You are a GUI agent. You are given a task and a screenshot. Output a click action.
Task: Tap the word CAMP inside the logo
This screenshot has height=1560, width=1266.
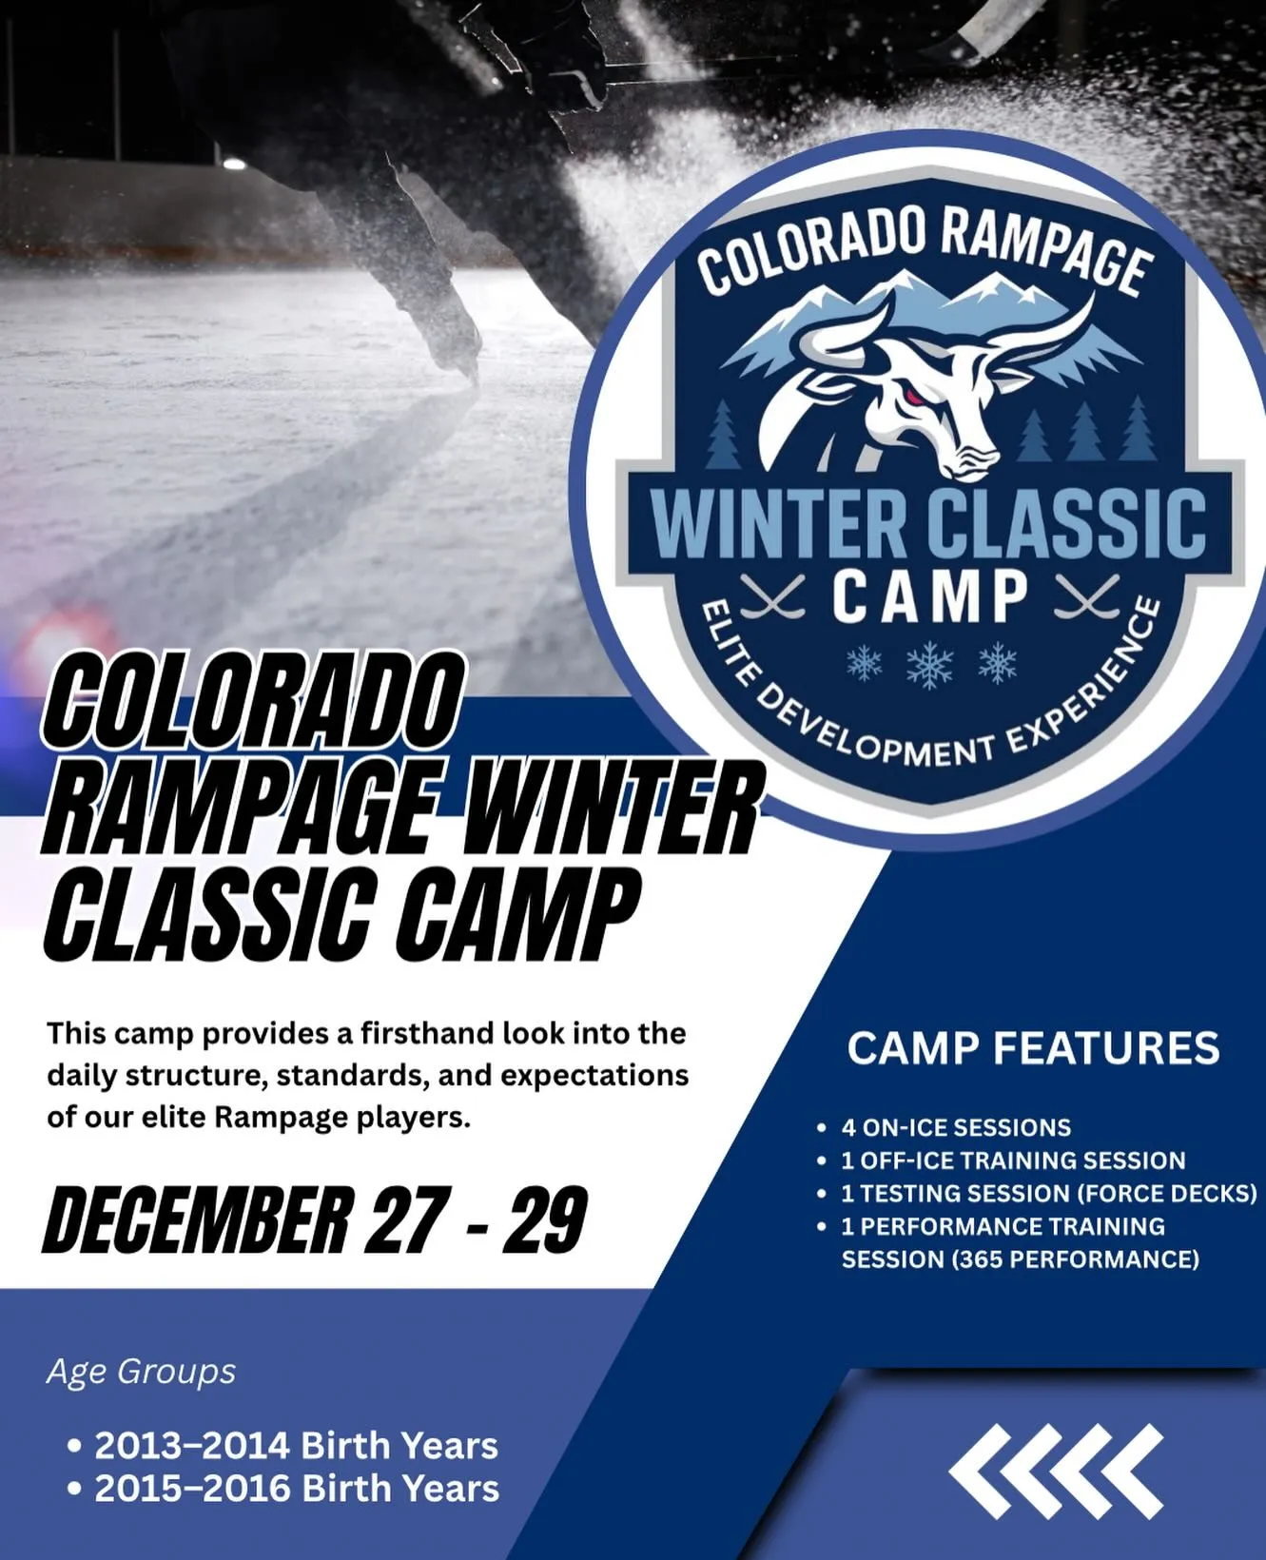pyautogui.click(x=930, y=597)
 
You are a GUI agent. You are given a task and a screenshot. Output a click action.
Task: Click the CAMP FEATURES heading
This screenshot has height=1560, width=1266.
pyautogui.click(x=1033, y=1048)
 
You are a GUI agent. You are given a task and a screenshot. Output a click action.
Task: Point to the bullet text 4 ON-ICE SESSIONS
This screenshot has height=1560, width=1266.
pyautogui.click(x=956, y=1127)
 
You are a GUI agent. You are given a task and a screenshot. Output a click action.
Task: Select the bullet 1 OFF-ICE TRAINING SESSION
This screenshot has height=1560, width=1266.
pyautogui.click(x=1013, y=1160)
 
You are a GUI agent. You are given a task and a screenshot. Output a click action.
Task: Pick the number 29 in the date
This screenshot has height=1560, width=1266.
pyautogui.click(x=545, y=1219)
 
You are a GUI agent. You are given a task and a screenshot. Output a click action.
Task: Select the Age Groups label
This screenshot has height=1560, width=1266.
pyautogui.click(x=141, y=1372)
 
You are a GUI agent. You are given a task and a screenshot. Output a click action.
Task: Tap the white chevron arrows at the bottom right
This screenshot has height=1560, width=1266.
pyautogui.click(x=1056, y=1471)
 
